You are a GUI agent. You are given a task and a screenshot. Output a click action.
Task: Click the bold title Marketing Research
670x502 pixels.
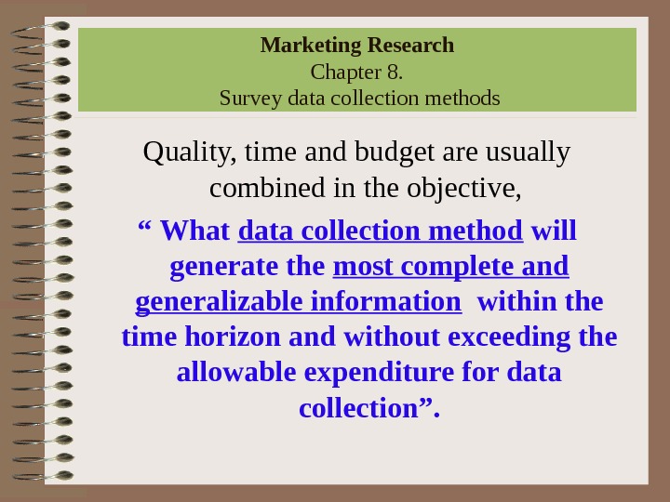click(357, 45)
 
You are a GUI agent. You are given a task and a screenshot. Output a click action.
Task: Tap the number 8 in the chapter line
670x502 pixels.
click(395, 72)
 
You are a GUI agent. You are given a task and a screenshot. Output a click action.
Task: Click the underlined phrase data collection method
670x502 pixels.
click(381, 230)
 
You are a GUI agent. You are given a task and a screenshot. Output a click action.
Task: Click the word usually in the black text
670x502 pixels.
click(529, 152)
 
